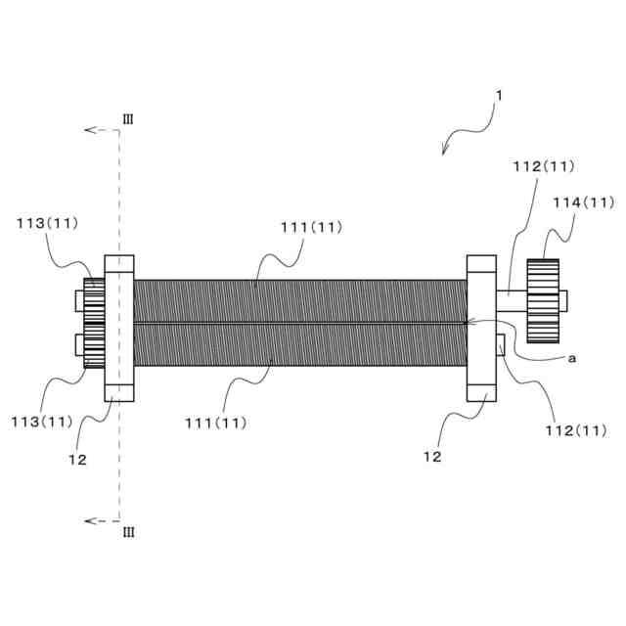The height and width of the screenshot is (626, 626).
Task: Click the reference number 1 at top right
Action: (x=499, y=96)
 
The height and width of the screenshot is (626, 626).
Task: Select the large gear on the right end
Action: (x=542, y=300)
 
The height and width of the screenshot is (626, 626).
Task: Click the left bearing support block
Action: (x=118, y=328)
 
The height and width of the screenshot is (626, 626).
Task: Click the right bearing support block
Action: (x=482, y=328)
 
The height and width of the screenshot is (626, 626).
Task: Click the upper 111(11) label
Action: (x=311, y=227)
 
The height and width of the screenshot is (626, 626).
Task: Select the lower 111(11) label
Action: (x=215, y=423)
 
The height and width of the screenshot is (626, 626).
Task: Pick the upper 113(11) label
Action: (x=48, y=223)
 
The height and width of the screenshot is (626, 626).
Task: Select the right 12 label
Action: (x=432, y=456)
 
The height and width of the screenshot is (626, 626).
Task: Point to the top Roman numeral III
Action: (x=128, y=119)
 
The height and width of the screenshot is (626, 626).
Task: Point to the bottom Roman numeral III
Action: (x=128, y=532)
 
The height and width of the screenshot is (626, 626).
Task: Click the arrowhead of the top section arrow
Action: (x=88, y=130)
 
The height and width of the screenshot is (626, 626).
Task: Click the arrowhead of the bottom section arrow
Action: (x=88, y=521)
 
